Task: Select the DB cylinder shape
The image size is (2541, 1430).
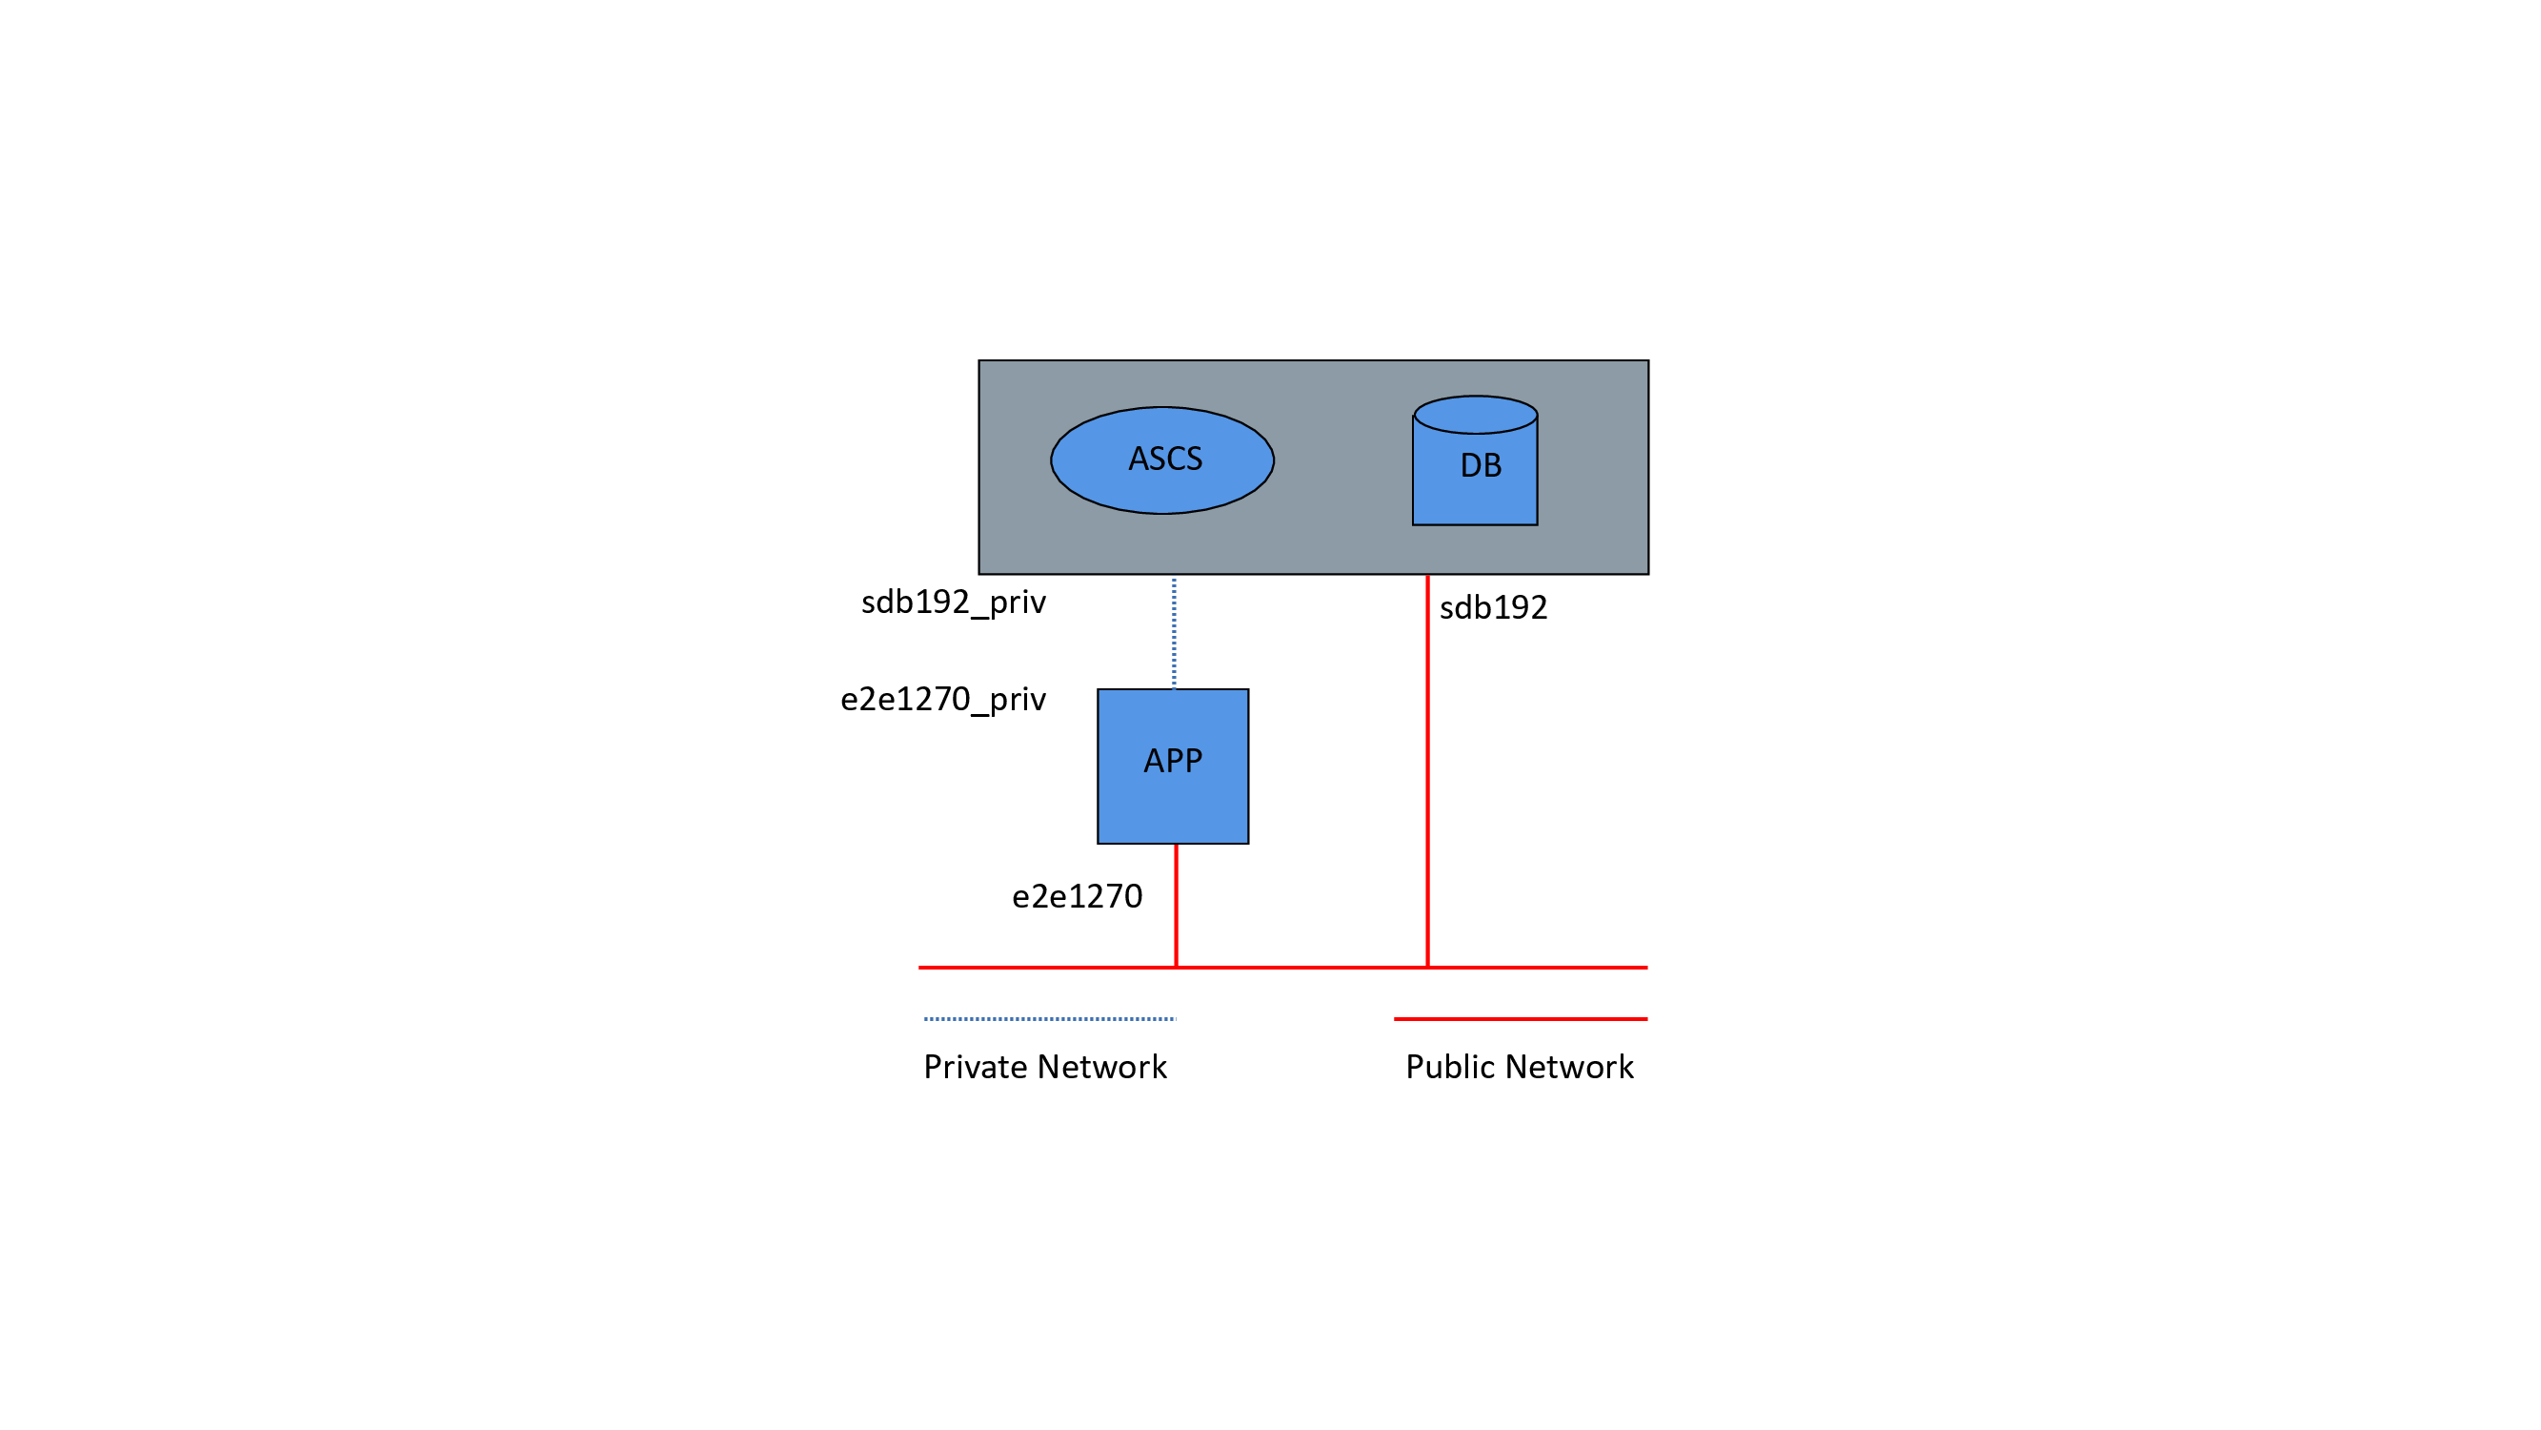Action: [x=1475, y=494]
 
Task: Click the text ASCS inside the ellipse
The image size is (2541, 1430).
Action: [x=1165, y=459]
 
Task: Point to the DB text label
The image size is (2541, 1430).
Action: [x=1481, y=466]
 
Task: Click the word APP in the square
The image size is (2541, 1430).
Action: [x=1173, y=761]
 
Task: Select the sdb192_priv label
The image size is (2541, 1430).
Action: [x=953, y=602]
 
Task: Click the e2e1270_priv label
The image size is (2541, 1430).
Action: [x=943, y=700]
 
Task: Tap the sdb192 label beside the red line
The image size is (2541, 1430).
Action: [x=1493, y=608]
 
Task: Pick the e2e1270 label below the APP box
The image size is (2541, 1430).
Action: [x=1078, y=896]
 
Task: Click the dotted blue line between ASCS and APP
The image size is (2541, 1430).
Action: [x=1174, y=633]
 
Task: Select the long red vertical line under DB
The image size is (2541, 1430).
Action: [x=1427, y=769]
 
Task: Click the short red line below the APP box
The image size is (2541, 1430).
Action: [x=1176, y=905]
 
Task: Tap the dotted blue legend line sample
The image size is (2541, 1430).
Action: [x=1050, y=1018]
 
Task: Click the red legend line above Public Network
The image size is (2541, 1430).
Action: [x=1520, y=1018]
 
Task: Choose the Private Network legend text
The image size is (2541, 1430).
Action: [x=1044, y=1067]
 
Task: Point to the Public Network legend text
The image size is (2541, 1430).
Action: [x=1519, y=1067]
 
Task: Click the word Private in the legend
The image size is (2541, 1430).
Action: [x=976, y=1067]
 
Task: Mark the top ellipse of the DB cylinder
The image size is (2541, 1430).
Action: [x=1476, y=415]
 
